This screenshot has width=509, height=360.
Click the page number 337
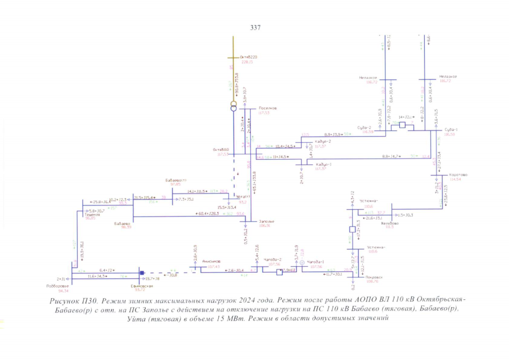pyautogui.click(x=254, y=27)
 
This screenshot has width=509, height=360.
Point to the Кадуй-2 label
pyautogui.click(x=322, y=141)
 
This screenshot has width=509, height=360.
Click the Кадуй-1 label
pyautogui.click(x=322, y=164)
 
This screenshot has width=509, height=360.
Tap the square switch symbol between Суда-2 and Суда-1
pyautogui.click(x=402, y=125)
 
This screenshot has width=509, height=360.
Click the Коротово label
pyautogui.click(x=458, y=174)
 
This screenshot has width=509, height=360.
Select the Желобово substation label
pyautogui.click(x=389, y=223)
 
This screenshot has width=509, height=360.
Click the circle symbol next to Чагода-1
pyautogui.click(x=301, y=263)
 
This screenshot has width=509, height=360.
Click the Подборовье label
pyautogui.click(x=55, y=286)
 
